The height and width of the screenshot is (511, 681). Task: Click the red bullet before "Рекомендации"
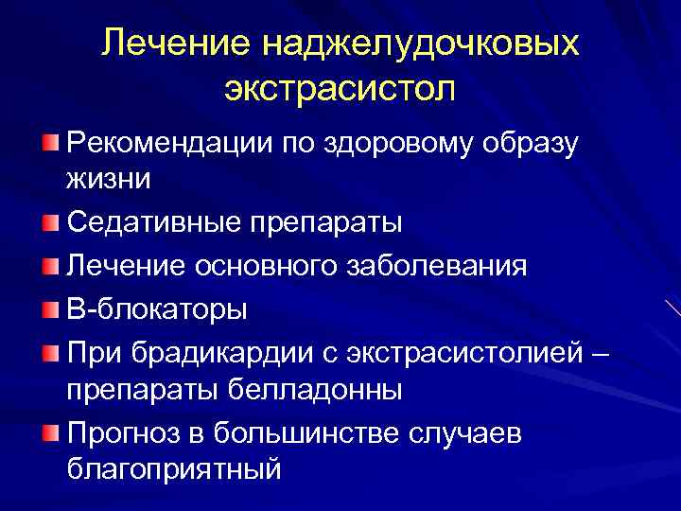coord(50,142)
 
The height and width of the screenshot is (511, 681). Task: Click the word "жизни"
coord(110,177)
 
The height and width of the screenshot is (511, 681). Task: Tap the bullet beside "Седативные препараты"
coord(50,222)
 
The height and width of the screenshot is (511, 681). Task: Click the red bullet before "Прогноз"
coord(50,432)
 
